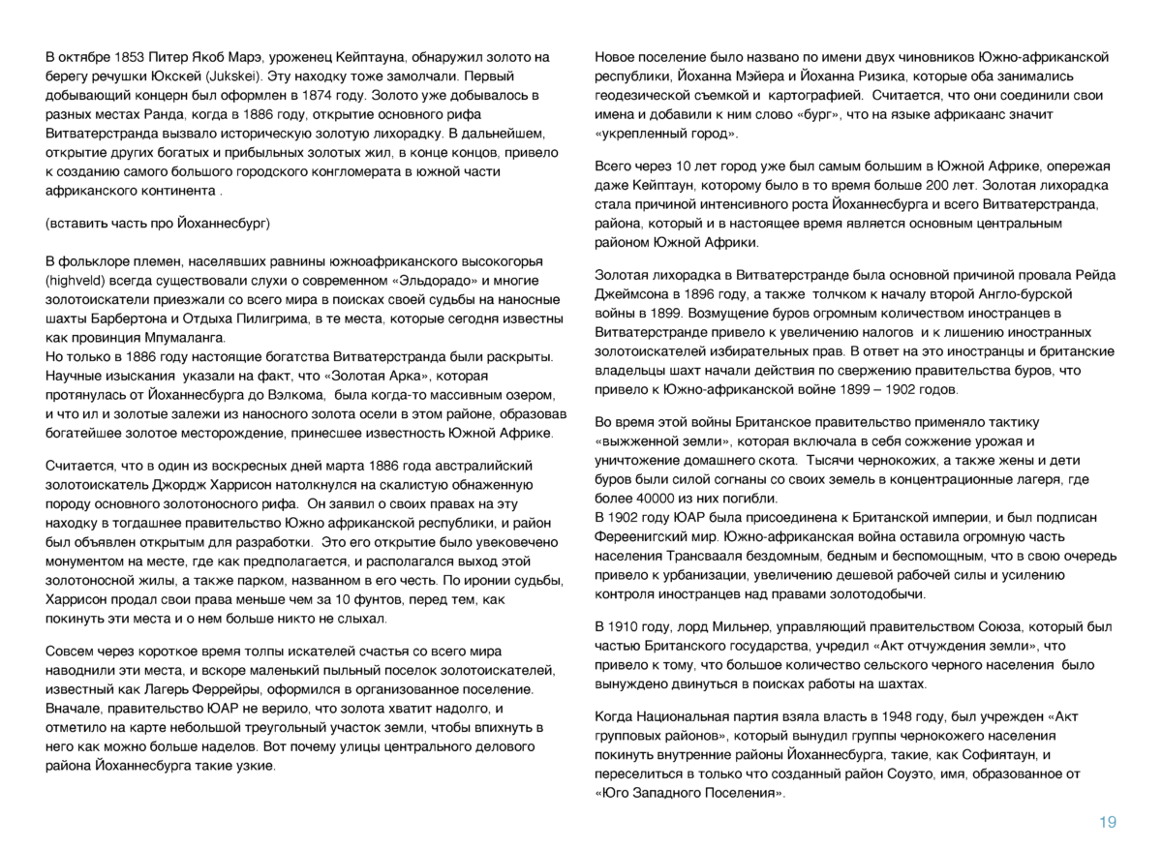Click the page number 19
1107,822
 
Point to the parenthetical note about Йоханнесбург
158,223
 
